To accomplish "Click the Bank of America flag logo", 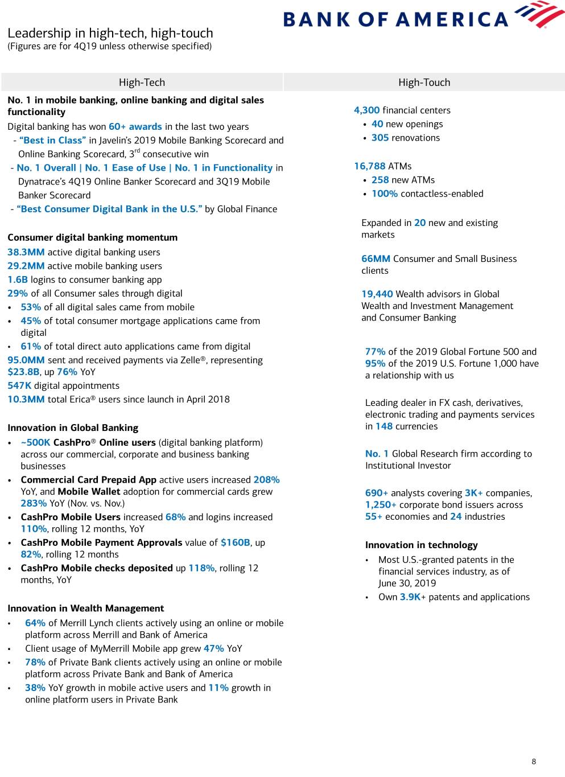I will click(538, 14).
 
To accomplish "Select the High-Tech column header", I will click(142, 83).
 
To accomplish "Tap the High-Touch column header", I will click(424, 83).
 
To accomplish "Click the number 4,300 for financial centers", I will click(366, 110).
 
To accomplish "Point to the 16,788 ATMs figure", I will click(369, 166).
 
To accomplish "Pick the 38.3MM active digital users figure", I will click(26, 252).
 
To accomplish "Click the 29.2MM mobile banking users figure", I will click(26, 266).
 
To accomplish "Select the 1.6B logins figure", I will click(18, 279).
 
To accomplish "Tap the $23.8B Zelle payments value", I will click(23, 372).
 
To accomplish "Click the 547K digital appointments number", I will click(19, 386).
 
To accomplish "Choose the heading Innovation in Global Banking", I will click(73, 428).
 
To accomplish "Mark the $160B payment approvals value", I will click(235, 542).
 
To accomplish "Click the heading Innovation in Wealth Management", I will click(85, 609).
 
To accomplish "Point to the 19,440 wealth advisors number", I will click(377, 294).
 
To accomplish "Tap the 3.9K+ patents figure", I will click(413, 597).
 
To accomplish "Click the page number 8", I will click(534, 762).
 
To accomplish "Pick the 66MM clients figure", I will click(376, 259).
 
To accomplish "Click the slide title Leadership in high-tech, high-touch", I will click(110, 33).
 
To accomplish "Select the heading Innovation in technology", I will click(421, 545).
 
